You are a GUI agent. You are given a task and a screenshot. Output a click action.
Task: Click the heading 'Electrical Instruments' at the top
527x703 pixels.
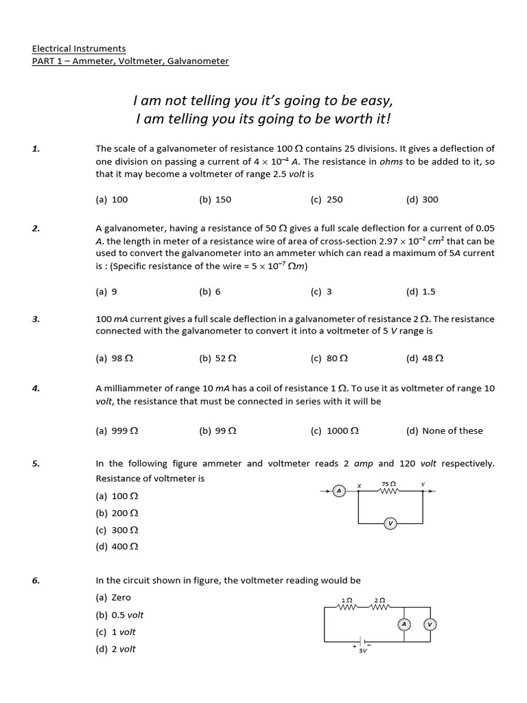pos(79,49)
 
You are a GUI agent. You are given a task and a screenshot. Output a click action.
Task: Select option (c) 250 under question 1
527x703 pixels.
pos(326,200)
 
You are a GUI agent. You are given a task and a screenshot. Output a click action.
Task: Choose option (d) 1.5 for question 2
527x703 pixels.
pos(421,291)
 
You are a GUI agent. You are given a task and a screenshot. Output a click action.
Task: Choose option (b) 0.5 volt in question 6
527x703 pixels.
pos(120,614)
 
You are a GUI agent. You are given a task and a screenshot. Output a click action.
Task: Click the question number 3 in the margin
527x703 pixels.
pos(36,319)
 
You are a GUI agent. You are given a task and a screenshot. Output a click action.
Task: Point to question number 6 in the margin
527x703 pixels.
pos(36,580)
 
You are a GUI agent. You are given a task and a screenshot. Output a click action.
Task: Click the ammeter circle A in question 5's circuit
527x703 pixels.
pos(338,490)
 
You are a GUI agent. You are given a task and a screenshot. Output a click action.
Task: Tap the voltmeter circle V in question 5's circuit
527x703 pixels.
pos(390,523)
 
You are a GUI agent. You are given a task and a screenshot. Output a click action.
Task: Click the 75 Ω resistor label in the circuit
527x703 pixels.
pos(385,484)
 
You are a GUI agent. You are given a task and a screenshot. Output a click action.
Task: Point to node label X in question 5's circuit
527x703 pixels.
pos(358,485)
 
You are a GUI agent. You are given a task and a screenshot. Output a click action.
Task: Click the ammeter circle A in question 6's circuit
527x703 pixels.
pos(403,624)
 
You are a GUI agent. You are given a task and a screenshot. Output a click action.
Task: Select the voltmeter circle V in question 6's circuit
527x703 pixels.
pos(430,624)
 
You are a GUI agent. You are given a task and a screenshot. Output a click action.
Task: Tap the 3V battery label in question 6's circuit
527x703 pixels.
pos(362,651)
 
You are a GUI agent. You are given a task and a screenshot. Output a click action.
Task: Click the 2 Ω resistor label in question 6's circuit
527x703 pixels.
pos(379,600)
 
